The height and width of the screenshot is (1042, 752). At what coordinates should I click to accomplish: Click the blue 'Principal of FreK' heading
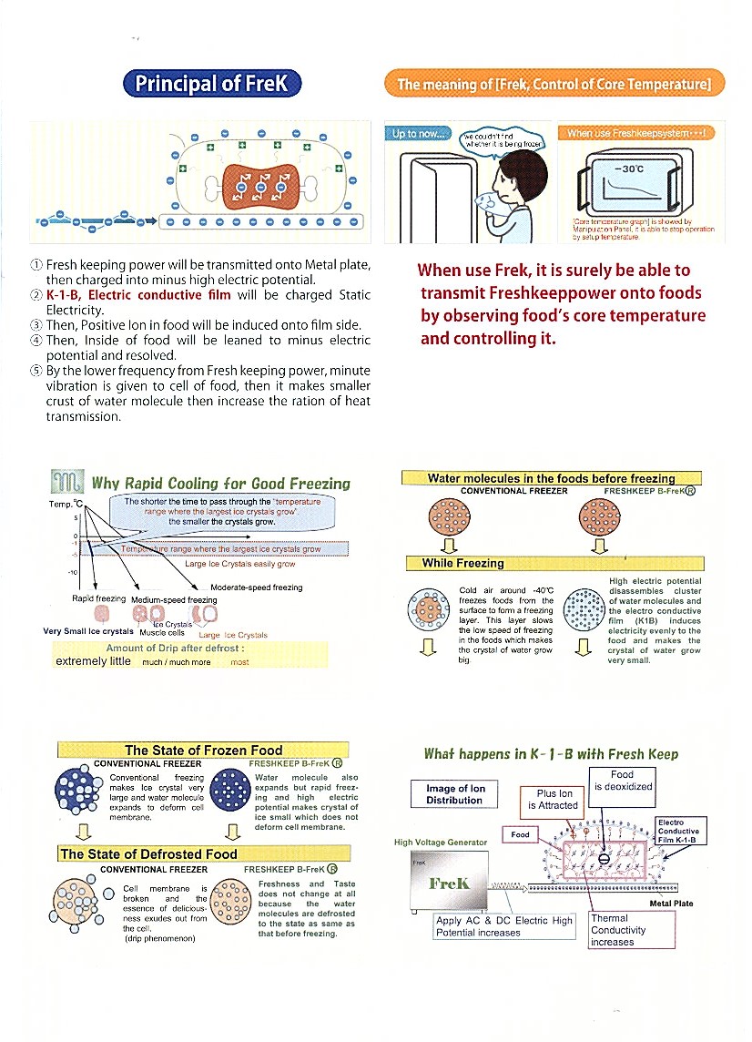coord(211,85)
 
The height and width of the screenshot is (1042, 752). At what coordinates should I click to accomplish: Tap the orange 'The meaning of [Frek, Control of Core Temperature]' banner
coord(554,85)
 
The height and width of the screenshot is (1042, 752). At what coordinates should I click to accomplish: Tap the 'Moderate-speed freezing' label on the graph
coord(257,587)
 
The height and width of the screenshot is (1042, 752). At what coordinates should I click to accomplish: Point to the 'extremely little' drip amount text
coord(93,661)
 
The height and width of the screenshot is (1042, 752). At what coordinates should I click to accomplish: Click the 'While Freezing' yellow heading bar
coord(463,563)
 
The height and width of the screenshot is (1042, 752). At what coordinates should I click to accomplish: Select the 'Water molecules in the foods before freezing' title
coord(552,478)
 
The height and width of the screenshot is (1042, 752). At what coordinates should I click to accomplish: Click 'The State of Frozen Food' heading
coord(204,750)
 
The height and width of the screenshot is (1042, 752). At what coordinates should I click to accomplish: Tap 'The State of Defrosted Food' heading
coord(148,853)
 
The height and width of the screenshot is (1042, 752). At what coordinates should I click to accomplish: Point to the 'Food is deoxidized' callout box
coord(623,781)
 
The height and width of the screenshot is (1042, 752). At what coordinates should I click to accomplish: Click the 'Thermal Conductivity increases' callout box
coord(632,929)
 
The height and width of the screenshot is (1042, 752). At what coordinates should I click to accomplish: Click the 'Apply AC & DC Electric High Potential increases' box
coord(504,926)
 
